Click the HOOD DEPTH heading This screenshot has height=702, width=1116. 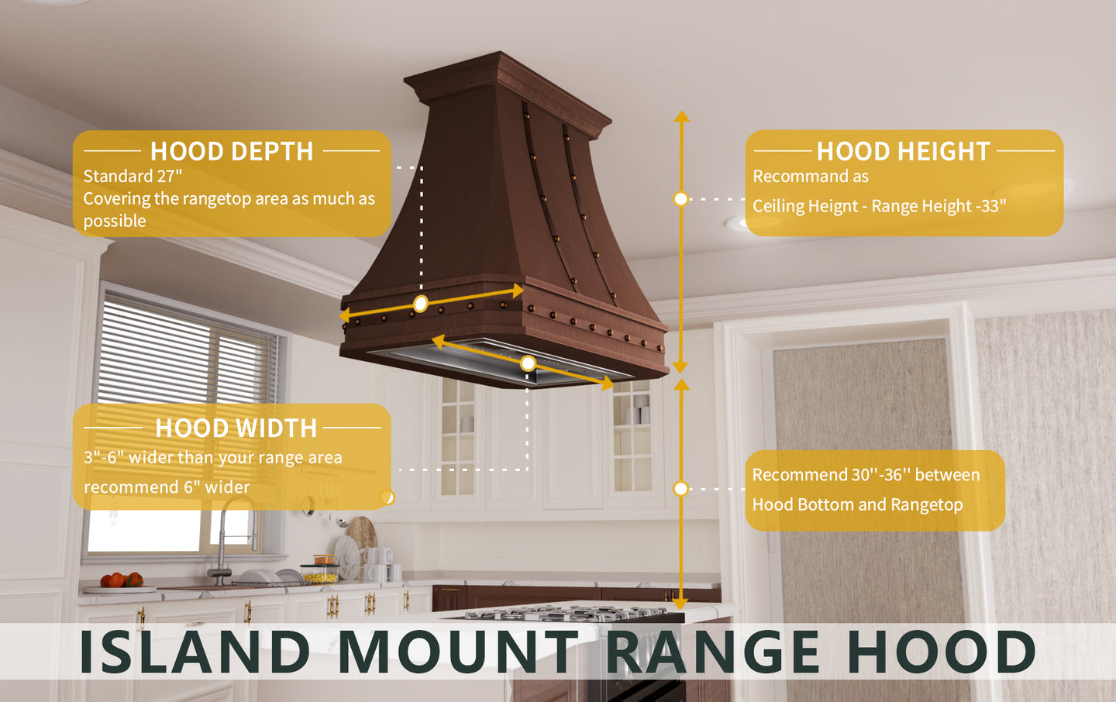coord(232,151)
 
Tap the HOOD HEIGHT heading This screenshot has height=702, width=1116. coord(903,151)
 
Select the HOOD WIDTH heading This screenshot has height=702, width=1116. coord(236,428)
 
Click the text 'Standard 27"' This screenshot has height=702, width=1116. coord(133,177)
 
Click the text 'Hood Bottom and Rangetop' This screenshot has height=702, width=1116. coord(857,505)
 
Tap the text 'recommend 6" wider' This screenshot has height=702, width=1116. coord(167,487)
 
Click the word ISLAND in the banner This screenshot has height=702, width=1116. coord(195,652)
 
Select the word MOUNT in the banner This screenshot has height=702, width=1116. coord(458,652)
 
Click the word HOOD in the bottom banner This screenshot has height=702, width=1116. coord(941,652)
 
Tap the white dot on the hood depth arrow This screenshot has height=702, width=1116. coord(420,304)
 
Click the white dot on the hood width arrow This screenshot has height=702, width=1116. coord(528,363)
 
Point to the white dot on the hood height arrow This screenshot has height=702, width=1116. coord(680,199)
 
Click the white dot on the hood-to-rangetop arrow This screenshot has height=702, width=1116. coord(680,488)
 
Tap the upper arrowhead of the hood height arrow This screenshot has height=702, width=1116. coord(681,117)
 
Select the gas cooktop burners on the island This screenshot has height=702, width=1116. coord(566,614)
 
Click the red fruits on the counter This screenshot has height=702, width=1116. coord(122,580)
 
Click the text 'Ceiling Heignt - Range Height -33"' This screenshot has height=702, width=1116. coord(879,207)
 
